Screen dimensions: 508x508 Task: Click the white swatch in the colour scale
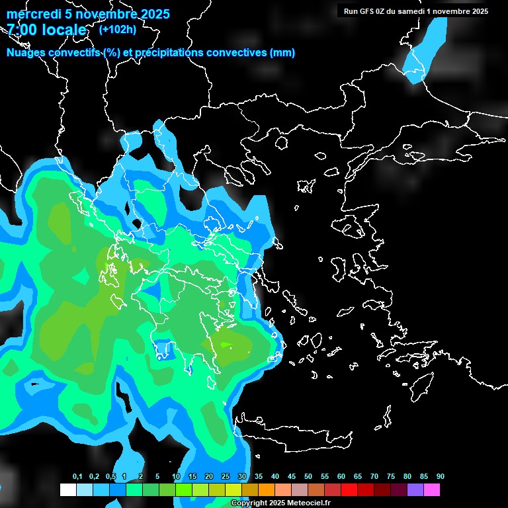(68, 490)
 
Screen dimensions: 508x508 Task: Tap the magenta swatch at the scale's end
(432, 490)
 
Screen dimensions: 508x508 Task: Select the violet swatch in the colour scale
(415, 490)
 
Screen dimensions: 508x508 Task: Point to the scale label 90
(440, 477)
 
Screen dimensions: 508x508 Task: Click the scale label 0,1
(77, 477)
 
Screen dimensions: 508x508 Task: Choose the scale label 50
(308, 477)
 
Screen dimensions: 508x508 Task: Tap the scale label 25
(226, 477)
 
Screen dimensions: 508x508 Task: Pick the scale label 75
(391, 477)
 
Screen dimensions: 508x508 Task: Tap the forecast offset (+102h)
(117, 29)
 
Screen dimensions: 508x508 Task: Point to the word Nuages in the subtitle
(26, 53)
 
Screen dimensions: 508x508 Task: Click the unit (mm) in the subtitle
(282, 53)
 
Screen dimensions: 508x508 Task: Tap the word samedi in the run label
(417, 11)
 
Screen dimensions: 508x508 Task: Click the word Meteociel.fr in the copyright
(304, 503)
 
